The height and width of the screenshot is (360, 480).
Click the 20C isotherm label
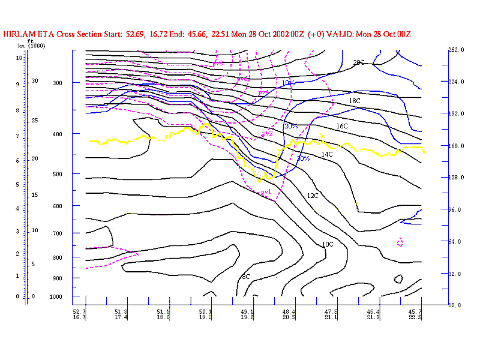tap(359, 62)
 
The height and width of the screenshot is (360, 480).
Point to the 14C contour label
tap(327, 155)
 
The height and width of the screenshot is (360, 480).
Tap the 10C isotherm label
tap(327, 244)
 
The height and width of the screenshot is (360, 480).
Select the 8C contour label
tap(245, 277)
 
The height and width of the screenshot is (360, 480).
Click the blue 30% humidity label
tap(303, 158)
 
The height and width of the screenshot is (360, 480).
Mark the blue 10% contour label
tap(288, 83)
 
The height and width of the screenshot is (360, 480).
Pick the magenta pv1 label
tap(265, 193)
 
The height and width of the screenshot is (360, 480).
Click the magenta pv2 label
tap(267, 134)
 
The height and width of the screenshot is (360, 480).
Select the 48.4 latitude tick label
tap(289, 312)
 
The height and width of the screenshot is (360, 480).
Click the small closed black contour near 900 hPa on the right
tap(398, 279)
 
